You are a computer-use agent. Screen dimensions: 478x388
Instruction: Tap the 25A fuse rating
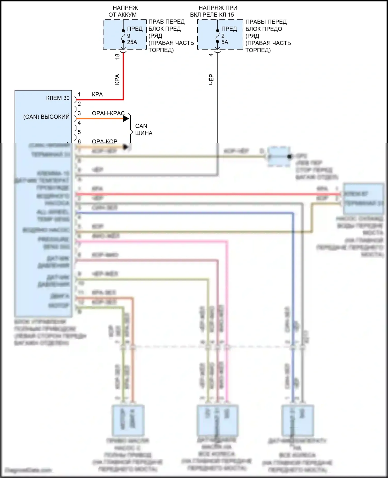[132, 42]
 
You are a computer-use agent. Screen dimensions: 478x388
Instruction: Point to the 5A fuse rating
[225, 42]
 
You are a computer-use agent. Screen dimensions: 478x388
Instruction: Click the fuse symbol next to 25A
[123, 36]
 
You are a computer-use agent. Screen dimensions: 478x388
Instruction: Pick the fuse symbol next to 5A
[218, 36]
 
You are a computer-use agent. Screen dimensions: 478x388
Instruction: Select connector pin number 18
[117, 56]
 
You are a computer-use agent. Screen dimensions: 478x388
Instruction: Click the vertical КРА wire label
[117, 79]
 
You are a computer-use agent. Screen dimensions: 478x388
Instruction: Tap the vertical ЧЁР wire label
[211, 79]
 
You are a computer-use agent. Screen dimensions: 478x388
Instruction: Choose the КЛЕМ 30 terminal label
[58, 98]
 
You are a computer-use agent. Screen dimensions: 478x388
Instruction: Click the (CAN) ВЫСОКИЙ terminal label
[47, 117]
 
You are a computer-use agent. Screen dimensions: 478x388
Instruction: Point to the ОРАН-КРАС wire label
[108, 113]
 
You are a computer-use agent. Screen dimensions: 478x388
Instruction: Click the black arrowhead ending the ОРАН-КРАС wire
[126, 119]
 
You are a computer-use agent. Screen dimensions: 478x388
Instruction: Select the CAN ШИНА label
[144, 129]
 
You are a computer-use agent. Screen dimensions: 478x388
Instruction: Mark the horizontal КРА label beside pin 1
[97, 95]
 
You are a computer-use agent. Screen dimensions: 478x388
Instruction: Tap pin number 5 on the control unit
[79, 132]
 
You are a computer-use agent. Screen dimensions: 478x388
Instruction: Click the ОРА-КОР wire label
[105, 141]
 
